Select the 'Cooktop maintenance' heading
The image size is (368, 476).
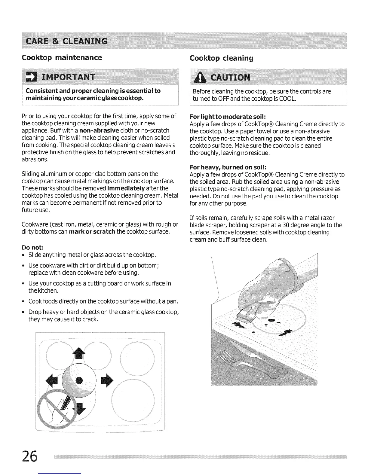pos(62,57)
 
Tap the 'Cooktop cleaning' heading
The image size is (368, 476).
pos(221,58)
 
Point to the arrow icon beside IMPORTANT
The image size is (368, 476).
pos(32,78)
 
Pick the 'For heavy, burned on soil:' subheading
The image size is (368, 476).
pos(228,167)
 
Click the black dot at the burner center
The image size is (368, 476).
pos(79,380)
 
